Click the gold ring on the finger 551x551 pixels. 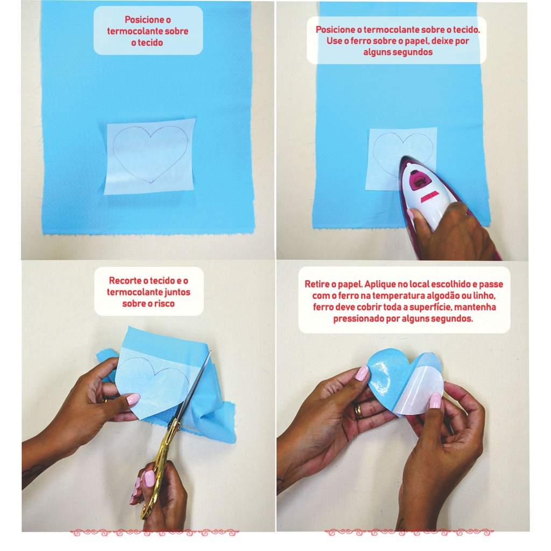(357, 411)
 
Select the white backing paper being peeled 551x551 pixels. (420, 386)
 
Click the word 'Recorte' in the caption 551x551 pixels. (124, 280)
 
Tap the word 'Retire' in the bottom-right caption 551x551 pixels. (316, 284)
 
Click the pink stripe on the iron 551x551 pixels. (430, 197)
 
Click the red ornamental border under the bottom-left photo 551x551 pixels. (154, 533)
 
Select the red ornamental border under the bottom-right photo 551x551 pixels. (409, 533)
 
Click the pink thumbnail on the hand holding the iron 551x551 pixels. (410, 214)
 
